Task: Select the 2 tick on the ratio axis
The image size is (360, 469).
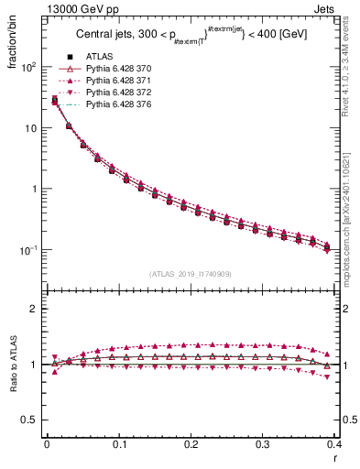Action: [34, 309]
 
